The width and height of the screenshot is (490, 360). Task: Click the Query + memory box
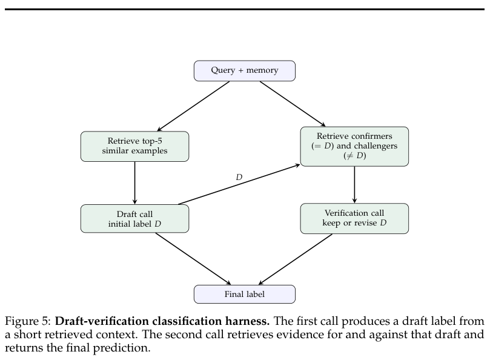(x=244, y=71)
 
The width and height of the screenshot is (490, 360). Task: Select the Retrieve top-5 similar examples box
(x=134, y=146)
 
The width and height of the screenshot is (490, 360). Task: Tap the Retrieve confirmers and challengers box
(x=354, y=146)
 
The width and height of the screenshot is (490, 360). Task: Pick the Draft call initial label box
(x=134, y=219)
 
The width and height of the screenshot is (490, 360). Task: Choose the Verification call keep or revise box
(x=354, y=218)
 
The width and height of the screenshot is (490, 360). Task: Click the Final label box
(x=244, y=294)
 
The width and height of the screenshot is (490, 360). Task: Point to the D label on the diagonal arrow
(x=239, y=177)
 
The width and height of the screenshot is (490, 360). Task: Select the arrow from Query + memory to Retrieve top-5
(x=193, y=106)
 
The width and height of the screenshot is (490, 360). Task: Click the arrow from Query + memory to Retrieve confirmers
(x=293, y=104)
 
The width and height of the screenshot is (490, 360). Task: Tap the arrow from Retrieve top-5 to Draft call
(x=134, y=183)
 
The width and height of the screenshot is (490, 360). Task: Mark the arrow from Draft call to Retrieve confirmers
(x=239, y=184)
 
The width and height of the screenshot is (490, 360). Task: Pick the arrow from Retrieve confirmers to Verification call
(x=354, y=185)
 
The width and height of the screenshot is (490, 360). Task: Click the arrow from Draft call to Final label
(x=193, y=259)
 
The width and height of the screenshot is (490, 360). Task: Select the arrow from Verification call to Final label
(x=296, y=259)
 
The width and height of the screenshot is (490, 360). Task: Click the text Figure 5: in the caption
(x=28, y=321)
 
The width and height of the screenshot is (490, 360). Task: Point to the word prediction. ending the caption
(x=122, y=347)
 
